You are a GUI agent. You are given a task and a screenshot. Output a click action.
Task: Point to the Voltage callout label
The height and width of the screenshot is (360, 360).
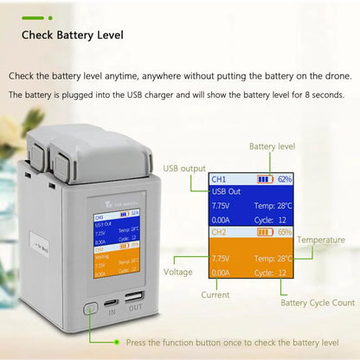179,271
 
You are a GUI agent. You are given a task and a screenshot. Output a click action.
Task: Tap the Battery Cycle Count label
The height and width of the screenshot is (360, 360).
318,303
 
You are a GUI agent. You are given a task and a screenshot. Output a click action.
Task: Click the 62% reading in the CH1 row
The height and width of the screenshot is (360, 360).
285,179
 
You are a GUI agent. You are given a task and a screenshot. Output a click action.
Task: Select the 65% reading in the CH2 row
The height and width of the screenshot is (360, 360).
285,233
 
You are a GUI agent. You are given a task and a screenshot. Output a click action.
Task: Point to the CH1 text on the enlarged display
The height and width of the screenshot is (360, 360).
219,179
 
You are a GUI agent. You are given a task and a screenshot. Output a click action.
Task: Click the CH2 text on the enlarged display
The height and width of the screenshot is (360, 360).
219,233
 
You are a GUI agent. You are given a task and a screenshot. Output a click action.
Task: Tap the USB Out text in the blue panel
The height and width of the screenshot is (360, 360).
227,192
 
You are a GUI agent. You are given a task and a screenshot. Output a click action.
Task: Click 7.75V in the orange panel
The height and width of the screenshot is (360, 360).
222,259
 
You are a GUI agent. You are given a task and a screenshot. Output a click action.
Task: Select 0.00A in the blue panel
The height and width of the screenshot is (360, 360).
222,220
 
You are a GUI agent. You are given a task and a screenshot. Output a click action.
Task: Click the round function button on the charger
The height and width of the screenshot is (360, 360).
90,307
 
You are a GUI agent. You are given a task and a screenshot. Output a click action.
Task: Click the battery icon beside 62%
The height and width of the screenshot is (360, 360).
266,179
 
